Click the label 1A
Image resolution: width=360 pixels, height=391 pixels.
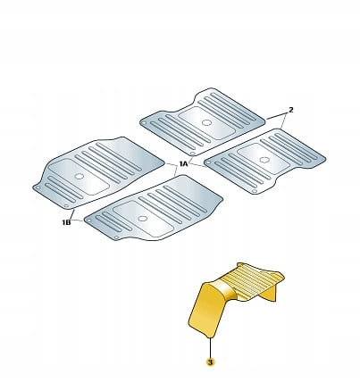(184, 163)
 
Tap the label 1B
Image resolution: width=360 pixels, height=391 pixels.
(66, 222)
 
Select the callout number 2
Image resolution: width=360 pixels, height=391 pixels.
(291, 110)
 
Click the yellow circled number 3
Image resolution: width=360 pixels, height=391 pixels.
(210, 362)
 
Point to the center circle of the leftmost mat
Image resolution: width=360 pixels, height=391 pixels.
(80, 176)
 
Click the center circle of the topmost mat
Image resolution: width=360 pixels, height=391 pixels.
(206, 122)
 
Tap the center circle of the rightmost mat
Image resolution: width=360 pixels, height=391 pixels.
(264, 160)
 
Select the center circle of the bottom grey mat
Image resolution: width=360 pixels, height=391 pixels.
(143, 219)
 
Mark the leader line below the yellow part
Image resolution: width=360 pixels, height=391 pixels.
(210, 348)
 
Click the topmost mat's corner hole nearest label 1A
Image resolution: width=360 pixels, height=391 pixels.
(193, 154)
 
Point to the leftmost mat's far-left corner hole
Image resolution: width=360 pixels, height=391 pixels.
(38, 188)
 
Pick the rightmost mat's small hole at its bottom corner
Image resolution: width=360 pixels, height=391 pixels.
(254, 191)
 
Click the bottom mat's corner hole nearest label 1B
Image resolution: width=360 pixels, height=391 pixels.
(88, 220)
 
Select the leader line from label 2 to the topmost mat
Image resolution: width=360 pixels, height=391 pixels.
(276, 116)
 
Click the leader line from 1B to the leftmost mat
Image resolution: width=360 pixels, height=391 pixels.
(71, 214)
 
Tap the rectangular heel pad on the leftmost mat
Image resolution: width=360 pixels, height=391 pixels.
(79, 177)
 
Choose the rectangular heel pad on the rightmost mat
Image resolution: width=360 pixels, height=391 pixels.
(263, 159)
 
